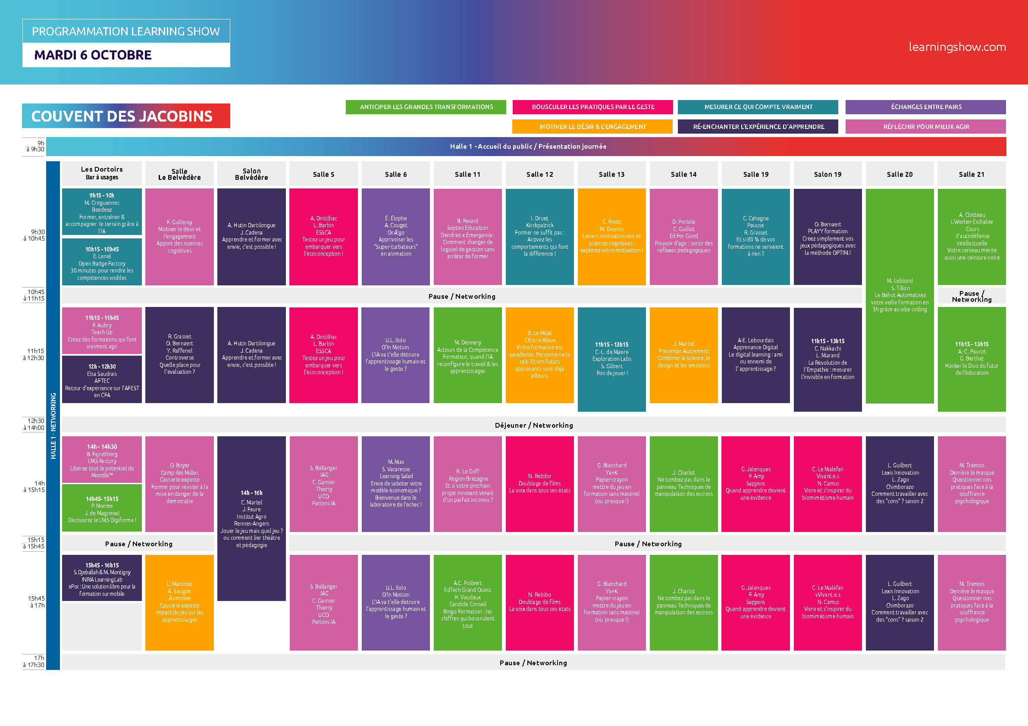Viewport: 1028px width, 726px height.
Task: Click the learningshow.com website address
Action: click(957, 47)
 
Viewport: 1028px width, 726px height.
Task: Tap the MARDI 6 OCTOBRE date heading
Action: click(93, 55)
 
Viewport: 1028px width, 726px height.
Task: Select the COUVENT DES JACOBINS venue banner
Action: click(126, 116)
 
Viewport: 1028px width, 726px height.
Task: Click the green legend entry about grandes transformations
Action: click(426, 107)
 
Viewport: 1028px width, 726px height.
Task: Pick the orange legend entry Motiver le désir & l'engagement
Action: click(592, 127)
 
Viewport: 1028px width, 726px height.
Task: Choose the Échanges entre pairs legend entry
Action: click(925, 107)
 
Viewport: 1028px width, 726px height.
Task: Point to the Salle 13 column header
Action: click(611, 174)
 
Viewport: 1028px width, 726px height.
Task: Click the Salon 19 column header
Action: click(827, 174)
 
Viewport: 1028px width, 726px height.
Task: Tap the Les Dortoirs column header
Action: click(102, 173)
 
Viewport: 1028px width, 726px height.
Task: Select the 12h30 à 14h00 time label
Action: click(34, 424)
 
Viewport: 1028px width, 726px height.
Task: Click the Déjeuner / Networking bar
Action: click(534, 425)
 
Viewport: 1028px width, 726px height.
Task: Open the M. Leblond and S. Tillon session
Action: click(899, 296)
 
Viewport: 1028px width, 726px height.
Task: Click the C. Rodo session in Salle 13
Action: click(611, 237)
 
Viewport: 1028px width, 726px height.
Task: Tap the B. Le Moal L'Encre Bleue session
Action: click(539, 355)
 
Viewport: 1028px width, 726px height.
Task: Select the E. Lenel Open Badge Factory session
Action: click(102, 262)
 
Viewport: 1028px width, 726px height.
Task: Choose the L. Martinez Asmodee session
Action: click(179, 602)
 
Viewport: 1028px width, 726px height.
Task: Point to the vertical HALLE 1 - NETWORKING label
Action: click(53, 426)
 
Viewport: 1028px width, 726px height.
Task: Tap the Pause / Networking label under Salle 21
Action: click(972, 296)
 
